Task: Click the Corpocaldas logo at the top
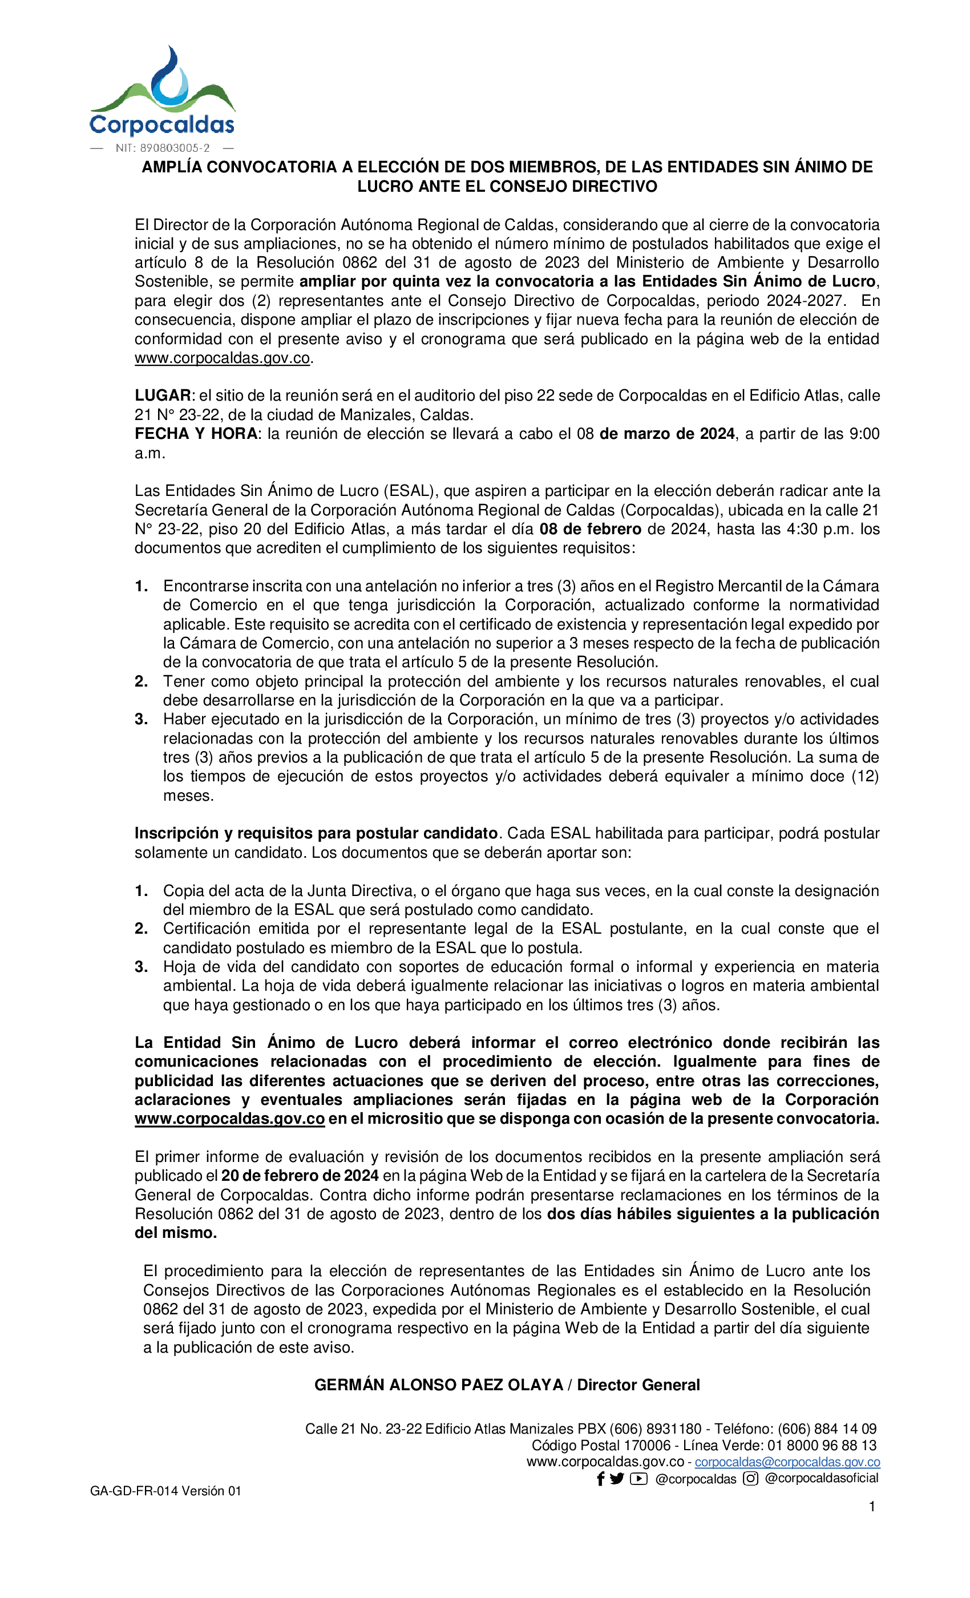tap(162, 91)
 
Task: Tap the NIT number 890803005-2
tap(162, 148)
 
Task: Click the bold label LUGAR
tap(162, 396)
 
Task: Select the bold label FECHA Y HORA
tap(196, 434)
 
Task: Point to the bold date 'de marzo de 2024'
tap(667, 434)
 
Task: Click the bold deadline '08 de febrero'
tap(590, 529)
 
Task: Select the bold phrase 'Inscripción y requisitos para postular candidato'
tap(316, 833)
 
